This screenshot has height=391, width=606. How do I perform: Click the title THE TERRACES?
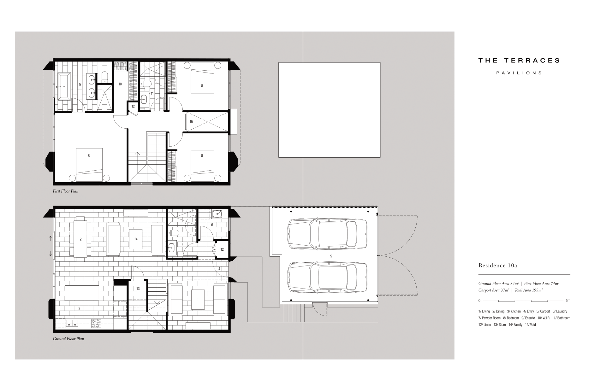pos(519,60)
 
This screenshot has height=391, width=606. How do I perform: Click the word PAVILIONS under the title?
pos(519,73)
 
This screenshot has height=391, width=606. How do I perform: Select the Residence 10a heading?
pos(498,266)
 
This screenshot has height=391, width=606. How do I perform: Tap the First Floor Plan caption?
pos(66,191)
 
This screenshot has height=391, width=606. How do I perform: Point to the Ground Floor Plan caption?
pos(68,339)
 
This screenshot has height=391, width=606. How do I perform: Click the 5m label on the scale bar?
pos(568,301)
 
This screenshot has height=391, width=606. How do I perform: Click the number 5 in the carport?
pos(331,256)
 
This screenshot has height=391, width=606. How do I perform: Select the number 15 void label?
pos(191,122)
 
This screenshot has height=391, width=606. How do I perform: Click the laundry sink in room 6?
pos(217,214)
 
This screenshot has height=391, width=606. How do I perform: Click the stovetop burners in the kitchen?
pos(96,323)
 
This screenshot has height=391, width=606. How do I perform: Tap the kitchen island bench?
pos(82,293)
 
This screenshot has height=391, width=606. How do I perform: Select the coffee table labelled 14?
pos(136,239)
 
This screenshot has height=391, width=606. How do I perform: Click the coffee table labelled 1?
pos(198,300)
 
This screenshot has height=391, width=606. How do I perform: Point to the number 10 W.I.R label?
pos(120,84)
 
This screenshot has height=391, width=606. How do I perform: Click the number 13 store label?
pos(138,289)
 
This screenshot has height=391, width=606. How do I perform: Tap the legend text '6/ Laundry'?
pos(560,311)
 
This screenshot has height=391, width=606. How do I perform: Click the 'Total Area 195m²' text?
pos(529,290)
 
